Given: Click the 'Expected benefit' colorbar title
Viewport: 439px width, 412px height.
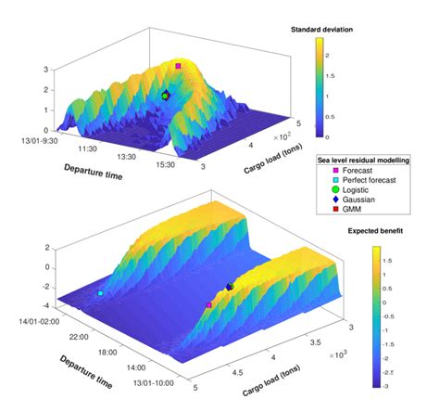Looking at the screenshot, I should [373, 232].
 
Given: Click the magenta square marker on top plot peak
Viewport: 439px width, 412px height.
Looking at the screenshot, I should [178, 66].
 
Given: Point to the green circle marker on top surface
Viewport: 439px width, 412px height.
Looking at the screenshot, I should [166, 96].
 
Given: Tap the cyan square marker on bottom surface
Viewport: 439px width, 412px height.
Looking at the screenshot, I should [101, 293].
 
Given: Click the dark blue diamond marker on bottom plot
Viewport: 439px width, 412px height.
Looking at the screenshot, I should [230, 287].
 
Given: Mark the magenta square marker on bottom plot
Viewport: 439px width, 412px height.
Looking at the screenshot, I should [209, 304].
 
